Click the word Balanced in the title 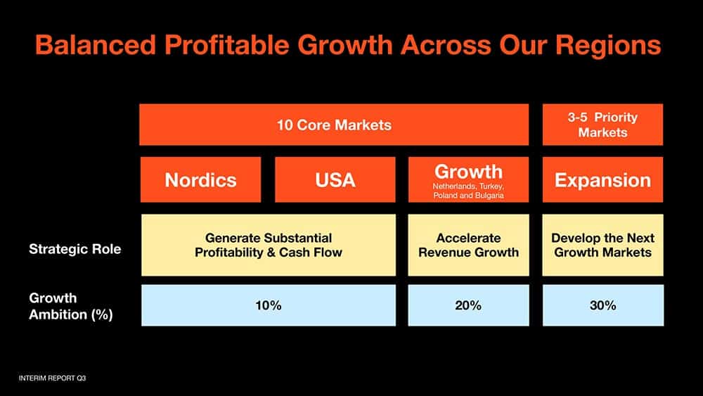coord(96,45)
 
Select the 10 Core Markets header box coord(334,124)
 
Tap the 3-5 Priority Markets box coord(602,124)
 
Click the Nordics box coord(200,179)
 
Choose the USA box coord(335,179)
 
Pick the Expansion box coord(602,179)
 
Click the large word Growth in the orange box coord(468,172)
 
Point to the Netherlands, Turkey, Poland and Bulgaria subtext coord(468,191)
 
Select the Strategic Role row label coord(75,249)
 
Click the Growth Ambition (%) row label coord(71,306)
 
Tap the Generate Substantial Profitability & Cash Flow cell coord(269,245)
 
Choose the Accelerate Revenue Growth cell coord(468,245)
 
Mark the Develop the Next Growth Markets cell coord(602,245)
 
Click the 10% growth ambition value coord(269,305)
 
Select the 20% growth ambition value coord(468,305)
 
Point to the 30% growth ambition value coord(603,305)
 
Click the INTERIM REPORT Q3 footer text coord(52,378)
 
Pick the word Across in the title coord(446,45)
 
